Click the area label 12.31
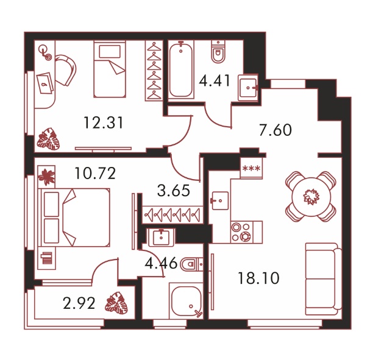pyautogui.click(x=104, y=122)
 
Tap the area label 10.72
pyautogui.click(x=95, y=173)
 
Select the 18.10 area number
pyautogui.click(x=258, y=278)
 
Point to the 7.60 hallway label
pyautogui.click(x=275, y=130)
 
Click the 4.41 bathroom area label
pyautogui.click(x=215, y=80)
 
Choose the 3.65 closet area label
pyautogui.click(x=174, y=191)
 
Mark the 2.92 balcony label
pyautogui.click(x=79, y=303)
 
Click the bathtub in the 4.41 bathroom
pyautogui.click(x=181, y=69)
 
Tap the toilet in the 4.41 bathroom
pyautogui.click(x=218, y=52)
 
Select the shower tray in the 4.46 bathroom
pyautogui.click(x=186, y=300)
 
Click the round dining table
pyautogui.click(x=311, y=197)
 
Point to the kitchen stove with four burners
pyautogui.click(x=241, y=232)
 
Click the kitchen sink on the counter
pyautogui.click(x=220, y=200)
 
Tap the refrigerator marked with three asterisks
pyautogui.click(x=251, y=168)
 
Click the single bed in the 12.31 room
pyautogui.click(x=110, y=69)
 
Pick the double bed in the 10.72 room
pyautogui.click(x=74, y=217)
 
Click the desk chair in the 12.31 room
pyautogui.click(x=66, y=69)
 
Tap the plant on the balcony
pyautogui.click(x=116, y=303)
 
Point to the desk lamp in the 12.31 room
pyautogui.click(x=46, y=54)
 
